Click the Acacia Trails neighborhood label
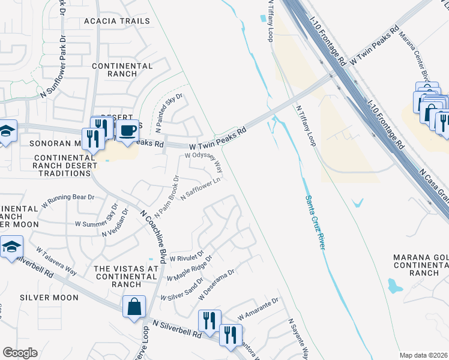click(117, 21)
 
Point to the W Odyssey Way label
click(203, 160)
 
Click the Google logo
click(20, 353)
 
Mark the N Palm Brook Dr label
click(167, 197)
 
